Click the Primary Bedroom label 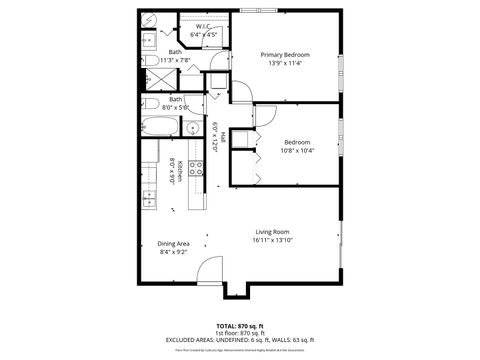[x=285, y=54]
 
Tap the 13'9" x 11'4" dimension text [x=285, y=64]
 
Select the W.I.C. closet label [x=203, y=27]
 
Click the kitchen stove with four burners [x=196, y=168]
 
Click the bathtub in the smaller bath [x=160, y=127]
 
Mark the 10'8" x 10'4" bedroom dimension [x=297, y=151]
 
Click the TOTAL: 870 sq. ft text [x=240, y=326]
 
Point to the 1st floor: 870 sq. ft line [x=240, y=333]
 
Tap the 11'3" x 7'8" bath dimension [x=175, y=60]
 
